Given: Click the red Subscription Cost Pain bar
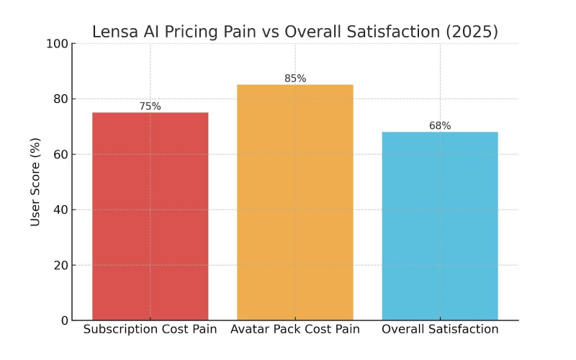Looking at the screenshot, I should [150, 216].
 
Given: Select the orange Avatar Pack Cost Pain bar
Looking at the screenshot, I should [295, 202].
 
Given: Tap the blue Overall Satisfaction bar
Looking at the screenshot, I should [440, 226].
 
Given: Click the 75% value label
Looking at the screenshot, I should [150, 107].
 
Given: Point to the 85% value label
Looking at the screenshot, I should [295, 78].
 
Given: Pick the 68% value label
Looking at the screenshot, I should [440, 126].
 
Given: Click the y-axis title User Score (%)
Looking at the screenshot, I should [35, 182].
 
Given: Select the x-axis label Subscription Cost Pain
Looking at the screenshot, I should [150, 330].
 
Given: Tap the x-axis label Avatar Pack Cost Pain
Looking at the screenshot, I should [295, 330].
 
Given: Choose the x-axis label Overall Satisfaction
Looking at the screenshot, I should [440, 330].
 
